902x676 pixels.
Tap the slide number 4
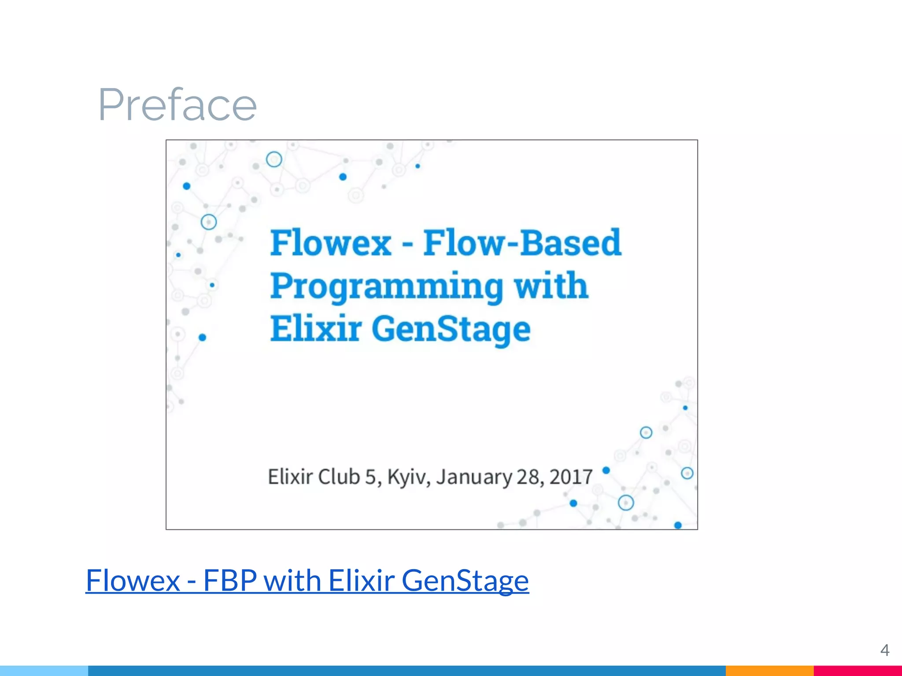click(x=884, y=650)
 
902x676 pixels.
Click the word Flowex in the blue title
click(x=330, y=243)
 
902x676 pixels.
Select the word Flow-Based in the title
click(x=522, y=243)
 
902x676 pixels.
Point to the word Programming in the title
click(x=386, y=287)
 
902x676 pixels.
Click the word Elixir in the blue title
click(x=316, y=329)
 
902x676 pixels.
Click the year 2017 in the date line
click(x=571, y=477)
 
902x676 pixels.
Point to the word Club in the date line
click(x=339, y=477)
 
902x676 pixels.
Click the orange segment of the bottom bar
click(x=769, y=671)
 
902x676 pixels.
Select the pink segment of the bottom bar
click(x=858, y=671)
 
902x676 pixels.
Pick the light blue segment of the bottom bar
click(x=44, y=671)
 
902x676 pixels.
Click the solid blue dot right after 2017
click(x=606, y=470)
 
